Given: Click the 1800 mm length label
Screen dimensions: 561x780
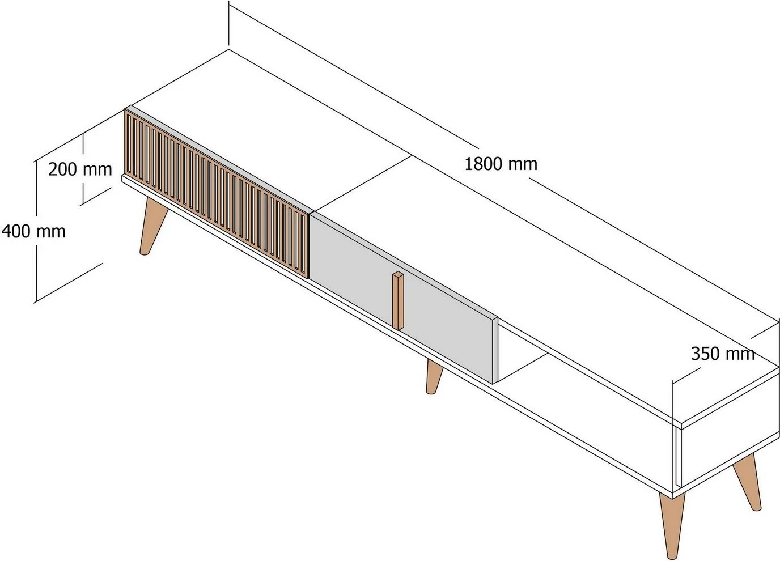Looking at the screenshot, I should tap(501, 164).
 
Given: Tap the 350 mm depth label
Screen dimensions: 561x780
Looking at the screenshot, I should tap(722, 354).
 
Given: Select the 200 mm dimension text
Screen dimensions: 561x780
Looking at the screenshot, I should tap(80, 169).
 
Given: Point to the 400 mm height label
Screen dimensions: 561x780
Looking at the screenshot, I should tap(33, 231).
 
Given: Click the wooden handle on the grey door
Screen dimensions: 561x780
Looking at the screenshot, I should tap(399, 300).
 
